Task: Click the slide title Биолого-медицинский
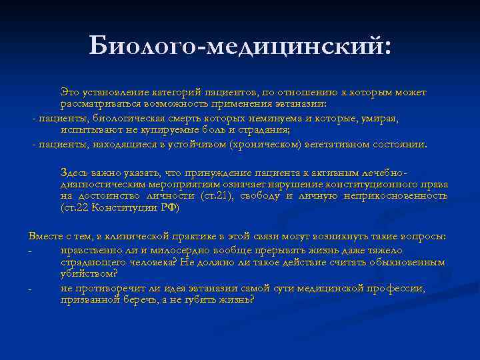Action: (x=240, y=46)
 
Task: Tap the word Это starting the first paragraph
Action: (x=69, y=92)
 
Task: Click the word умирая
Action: (x=381, y=118)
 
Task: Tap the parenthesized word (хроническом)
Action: (x=263, y=144)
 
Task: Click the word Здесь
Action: (x=73, y=172)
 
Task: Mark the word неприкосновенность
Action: (x=395, y=196)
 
